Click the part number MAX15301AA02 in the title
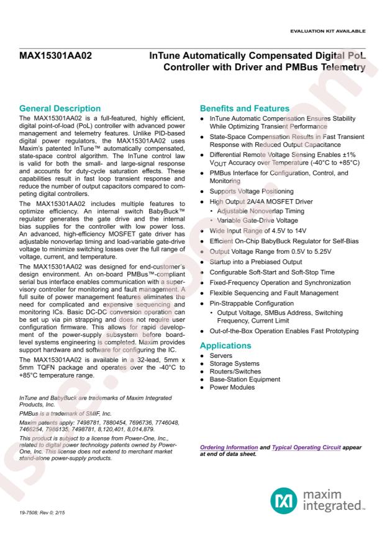pyautogui.click(x=55, y=56)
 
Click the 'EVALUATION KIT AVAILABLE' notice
pyautogui.click(x=333, y=31)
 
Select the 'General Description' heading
pyautogui.click(x=60, y=109)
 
